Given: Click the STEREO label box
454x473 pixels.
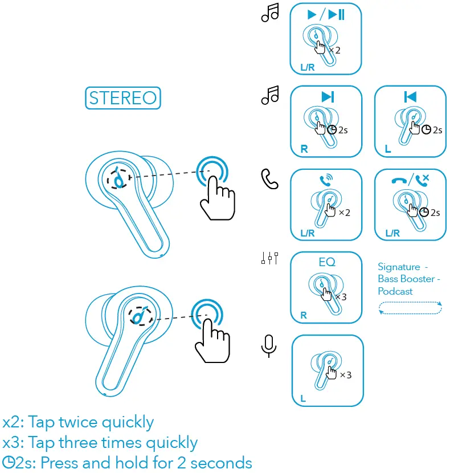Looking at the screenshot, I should point(122,98).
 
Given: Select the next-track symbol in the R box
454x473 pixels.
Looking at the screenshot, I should point(328,97).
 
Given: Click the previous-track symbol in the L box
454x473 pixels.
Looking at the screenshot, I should point(410,97).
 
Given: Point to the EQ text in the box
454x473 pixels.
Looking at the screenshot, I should point(327,263).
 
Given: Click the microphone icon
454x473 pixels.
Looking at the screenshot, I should point(269,345).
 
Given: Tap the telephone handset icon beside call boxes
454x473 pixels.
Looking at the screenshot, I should point(269,179).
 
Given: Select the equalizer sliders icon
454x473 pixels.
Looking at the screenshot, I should point(269,259).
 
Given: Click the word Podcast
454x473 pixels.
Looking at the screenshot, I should point(395,291).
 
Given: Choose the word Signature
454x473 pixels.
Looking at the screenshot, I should point(399,267).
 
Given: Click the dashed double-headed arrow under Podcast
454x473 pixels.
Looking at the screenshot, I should point(410,308).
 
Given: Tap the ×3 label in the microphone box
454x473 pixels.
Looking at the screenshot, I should point(345,375).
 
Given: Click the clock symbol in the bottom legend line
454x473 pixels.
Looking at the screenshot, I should point(9,462).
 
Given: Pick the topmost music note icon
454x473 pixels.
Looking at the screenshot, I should point(269,13).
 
